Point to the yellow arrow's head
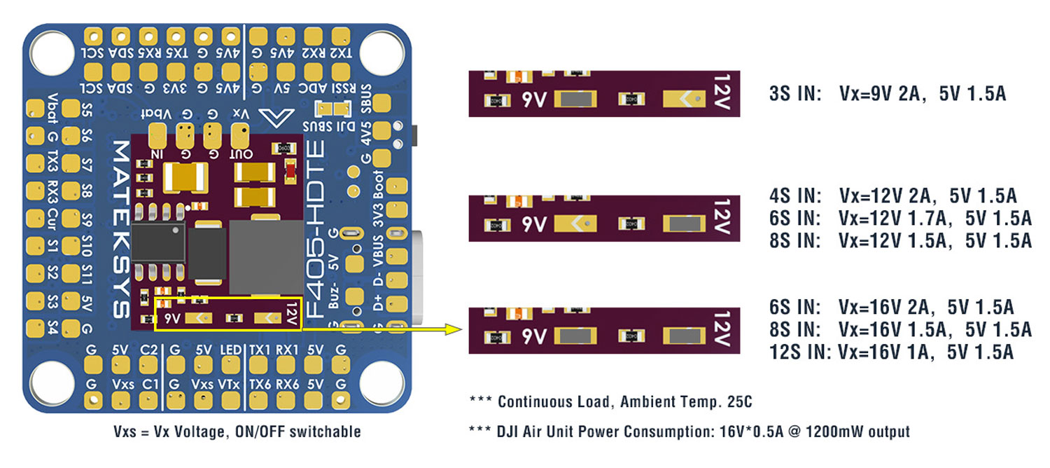click(458, 329)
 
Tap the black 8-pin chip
click(157, 249)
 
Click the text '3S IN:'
click(795, 93)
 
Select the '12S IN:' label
click(799, 352)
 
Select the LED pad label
click(230, 350)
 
